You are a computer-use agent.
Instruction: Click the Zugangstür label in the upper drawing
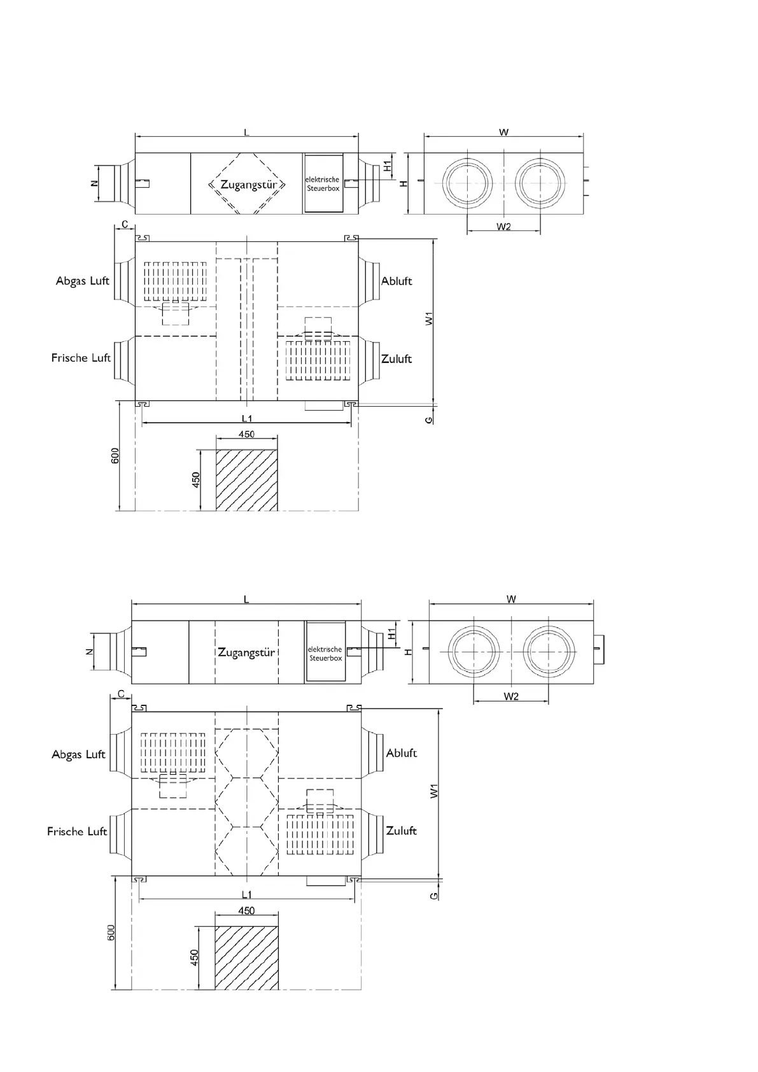tap(248, 185)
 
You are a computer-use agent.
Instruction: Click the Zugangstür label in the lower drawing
tap(246, 652)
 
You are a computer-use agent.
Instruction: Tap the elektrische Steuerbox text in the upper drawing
tap(323, 184)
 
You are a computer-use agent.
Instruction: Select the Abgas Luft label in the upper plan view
tap(82, 281)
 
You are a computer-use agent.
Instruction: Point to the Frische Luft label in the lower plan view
tap(77, 831)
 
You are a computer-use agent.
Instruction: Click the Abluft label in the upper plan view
tap(397, 281)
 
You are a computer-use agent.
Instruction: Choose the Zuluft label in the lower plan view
tap(401, 831)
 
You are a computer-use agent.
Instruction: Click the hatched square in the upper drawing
tap(247, 479)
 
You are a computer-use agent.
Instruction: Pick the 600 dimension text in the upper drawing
tap(115, 456)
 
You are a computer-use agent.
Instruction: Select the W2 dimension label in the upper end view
tap(503, 227)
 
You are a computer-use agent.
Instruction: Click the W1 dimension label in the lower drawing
tap(433, 791)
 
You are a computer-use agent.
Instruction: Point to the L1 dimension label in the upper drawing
tap(247, 418)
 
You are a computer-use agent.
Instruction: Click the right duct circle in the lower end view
tap(549, 653)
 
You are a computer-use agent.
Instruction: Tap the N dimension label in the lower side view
tap(90, 652)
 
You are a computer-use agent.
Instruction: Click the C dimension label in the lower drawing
tap(121, 695)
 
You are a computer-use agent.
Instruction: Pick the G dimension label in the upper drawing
tap(430, 420)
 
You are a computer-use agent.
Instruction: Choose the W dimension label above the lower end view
tap(511, 599)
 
